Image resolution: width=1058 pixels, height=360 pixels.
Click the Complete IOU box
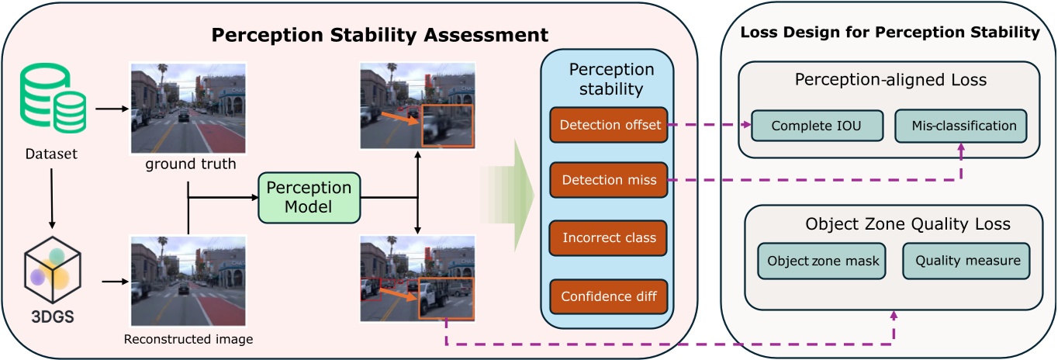816,124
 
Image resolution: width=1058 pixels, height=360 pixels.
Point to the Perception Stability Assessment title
381,35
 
